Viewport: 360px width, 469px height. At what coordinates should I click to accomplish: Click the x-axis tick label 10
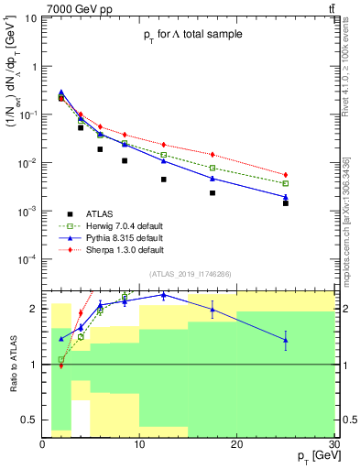coord(139,443)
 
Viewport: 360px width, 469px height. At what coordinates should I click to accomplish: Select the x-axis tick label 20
coord(236,443)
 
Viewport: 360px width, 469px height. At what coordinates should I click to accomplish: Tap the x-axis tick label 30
coord(333,443)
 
